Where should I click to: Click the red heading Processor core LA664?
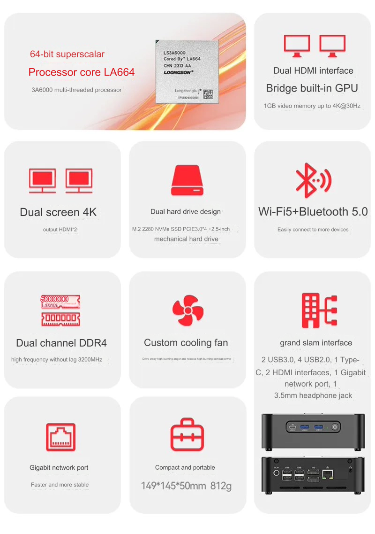tap(82, 72)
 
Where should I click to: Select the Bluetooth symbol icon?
tap(313, 180)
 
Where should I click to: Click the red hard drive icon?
tap(187, 181)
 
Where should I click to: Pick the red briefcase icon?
tap(187, 434)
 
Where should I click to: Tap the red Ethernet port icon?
tap(60, 437)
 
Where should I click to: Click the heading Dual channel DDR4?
tap(61, 343)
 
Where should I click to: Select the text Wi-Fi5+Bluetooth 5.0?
tap(313, 212)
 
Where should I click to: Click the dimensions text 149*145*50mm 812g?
tap(187, 486)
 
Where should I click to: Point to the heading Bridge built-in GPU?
tap(312, 88)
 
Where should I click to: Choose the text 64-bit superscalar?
tap(67, 54)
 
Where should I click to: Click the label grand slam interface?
tap(316, 343)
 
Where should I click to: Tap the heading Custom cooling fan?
tap(186, 343)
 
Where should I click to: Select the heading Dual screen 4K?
tap(58, 212)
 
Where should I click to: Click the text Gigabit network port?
tap(59, 468)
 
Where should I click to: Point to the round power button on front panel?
tap(335, 427)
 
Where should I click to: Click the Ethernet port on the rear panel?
tap(328, 475)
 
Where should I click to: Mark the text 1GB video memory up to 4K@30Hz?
tap(312, 106)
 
